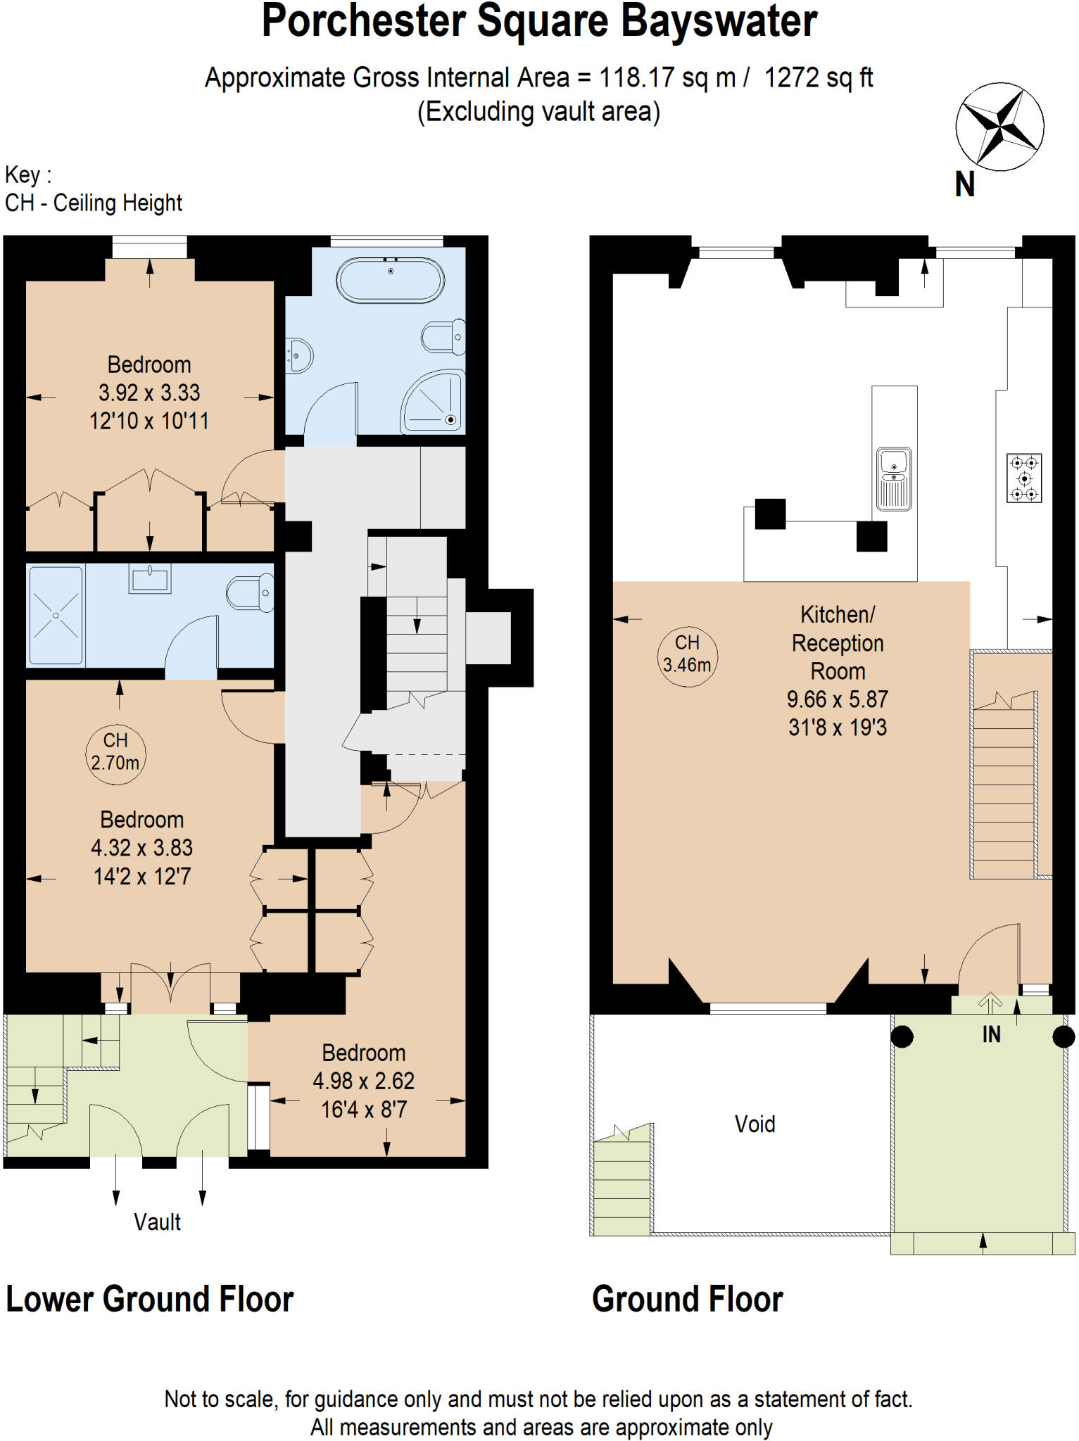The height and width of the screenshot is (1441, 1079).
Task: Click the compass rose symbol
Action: (x=999, y=127)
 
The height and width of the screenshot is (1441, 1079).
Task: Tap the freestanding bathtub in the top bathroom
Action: (x=391, y=280)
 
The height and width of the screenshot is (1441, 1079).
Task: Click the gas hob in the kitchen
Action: (x=1024, y=478)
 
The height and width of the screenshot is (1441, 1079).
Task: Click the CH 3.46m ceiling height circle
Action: (x=687, y=654)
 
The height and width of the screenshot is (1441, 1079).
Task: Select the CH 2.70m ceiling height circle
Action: (x=115, y=752)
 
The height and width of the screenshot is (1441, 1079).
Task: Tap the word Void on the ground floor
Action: (x=755, y=1124)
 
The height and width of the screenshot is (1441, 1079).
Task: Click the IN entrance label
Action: (x=991, y=1034)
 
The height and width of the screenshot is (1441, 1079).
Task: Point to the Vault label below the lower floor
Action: (x=157, y=1222)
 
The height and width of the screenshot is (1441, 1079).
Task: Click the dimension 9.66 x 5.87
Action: (x=837, y=699)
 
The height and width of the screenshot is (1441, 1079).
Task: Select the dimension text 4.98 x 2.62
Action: (x=363, y=1081)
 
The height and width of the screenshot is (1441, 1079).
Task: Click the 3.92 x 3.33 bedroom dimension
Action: (x=149, y=393)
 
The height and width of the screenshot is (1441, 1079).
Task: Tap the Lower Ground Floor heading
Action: (x=149, y=1299)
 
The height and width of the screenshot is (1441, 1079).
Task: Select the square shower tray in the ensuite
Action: (x=56, y=615)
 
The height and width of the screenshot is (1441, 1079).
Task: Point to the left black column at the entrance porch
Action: (x=902, y=1036)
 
